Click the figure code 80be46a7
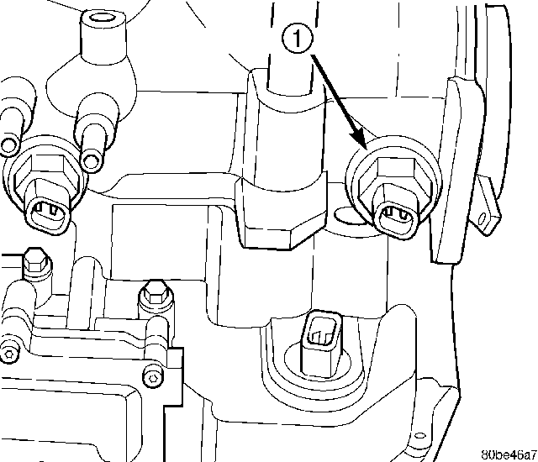point(509,454)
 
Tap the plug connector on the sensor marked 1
point(397,218)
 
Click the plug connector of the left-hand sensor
point(48,214)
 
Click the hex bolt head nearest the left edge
point(36,261)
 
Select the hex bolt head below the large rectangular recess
point(155,294)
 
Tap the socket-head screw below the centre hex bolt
point(153,376)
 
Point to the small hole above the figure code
point(419,436)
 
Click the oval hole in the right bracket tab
point(483,218)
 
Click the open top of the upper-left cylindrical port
point(102,16)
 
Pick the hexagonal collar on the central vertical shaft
point(281,213)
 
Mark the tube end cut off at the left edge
point(8,145)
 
